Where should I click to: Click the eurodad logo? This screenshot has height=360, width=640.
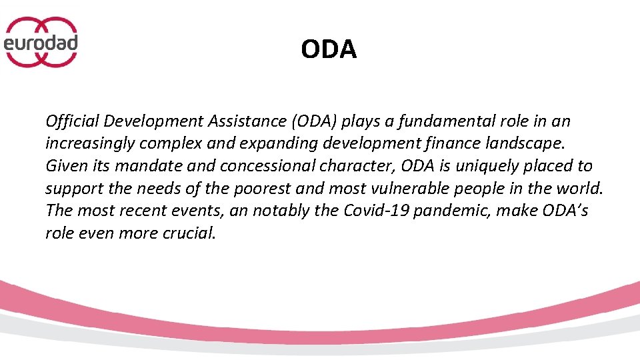point(41,42)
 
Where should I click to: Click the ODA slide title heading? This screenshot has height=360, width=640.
point(329,49)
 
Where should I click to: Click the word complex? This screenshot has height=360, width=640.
point(162,143)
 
